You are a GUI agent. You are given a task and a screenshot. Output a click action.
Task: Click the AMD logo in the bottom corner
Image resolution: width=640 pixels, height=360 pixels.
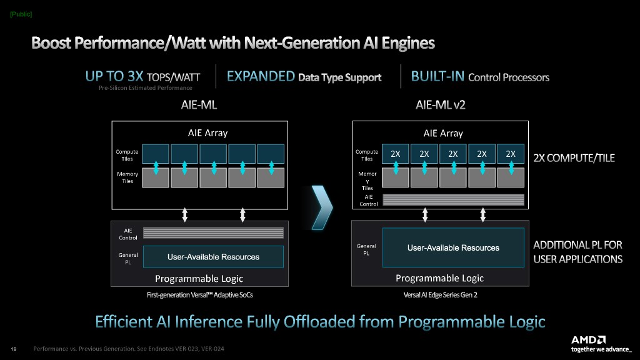(588, 339)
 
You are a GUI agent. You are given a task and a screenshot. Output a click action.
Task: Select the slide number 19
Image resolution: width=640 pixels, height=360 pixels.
(13, 349)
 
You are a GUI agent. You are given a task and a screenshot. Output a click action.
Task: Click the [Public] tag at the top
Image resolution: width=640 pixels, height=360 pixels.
(21, 14)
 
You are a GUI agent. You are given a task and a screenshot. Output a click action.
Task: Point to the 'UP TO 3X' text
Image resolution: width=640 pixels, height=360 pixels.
(114, 77)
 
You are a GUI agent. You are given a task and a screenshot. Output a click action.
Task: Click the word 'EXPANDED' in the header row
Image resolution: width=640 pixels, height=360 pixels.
(261, 77)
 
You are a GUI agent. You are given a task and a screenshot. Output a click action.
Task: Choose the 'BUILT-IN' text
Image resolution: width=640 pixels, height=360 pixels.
(437, 77)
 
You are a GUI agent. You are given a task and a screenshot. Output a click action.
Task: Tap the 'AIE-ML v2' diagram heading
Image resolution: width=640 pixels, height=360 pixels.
(440, 105)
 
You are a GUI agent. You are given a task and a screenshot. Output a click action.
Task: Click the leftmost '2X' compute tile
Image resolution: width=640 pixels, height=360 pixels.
(396, 154)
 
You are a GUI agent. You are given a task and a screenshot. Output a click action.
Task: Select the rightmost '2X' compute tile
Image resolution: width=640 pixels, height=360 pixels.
(511, 154)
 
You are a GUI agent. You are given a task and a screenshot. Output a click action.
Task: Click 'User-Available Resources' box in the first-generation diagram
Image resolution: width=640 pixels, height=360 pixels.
(213, 257)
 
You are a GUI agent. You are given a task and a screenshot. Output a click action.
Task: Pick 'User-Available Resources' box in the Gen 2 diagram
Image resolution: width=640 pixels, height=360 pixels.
(453, 248)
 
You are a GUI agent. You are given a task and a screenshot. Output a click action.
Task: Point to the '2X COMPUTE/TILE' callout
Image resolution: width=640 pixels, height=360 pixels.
(574, 158)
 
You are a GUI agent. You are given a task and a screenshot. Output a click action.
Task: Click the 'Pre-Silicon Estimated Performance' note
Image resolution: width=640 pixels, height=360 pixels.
(146, 88)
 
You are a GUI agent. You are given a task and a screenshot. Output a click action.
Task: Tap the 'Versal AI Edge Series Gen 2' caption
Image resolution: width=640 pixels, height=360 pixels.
(441, 295)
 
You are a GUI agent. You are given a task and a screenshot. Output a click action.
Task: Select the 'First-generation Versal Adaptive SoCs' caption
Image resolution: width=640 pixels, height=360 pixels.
(200, 294)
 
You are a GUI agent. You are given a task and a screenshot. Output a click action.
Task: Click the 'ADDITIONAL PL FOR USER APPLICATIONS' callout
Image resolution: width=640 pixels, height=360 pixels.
(577, 252)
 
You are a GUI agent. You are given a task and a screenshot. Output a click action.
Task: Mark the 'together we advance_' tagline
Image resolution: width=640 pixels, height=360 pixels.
(601, 349)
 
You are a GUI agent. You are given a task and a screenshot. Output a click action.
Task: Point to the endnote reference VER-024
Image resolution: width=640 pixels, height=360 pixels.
(211, 349)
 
